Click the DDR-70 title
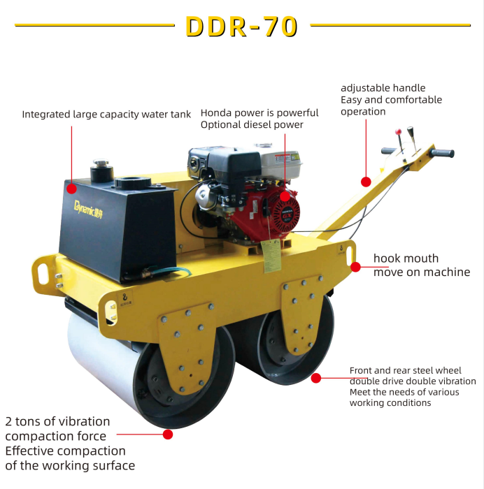241,27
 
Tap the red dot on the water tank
71,189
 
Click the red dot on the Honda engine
285,196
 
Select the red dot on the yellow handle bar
366,182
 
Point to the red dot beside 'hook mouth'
355,267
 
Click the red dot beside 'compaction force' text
168,434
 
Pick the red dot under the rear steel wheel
316,378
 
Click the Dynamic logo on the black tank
88,210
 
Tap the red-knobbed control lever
400,142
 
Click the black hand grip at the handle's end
442,153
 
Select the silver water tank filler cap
101,163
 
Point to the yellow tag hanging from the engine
271,256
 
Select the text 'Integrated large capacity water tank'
106,115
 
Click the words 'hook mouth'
406,258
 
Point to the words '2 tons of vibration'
57,421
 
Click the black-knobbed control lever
411,137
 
